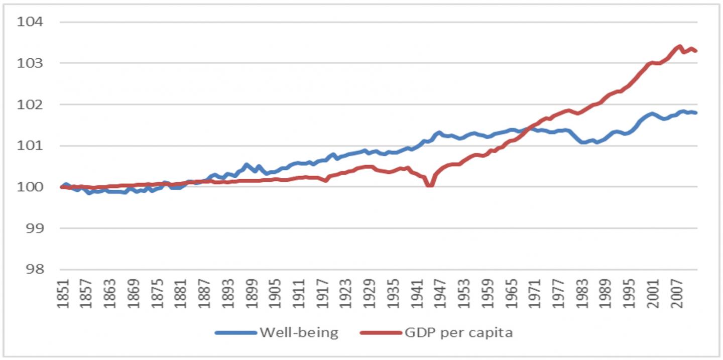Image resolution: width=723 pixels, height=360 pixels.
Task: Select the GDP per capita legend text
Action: coord(459,332)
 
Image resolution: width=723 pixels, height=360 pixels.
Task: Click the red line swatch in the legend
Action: coord(380,332)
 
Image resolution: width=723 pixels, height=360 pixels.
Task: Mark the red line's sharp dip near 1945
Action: coord(429,185)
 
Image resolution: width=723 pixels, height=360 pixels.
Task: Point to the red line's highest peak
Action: coord(679,47)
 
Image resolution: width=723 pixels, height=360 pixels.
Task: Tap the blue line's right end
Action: coord(696,112)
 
